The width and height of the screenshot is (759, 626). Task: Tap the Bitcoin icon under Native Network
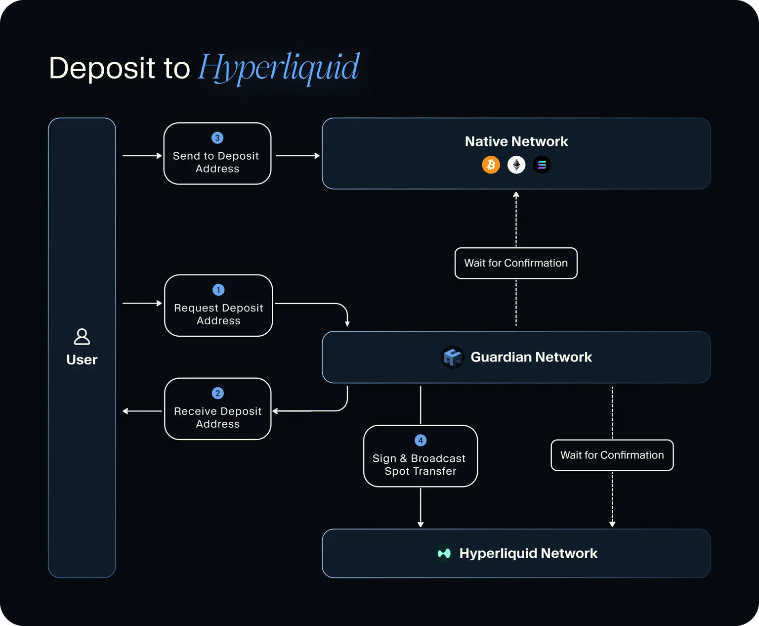click(x=491, y=165)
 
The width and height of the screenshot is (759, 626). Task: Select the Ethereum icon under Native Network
click(x=516, y=165)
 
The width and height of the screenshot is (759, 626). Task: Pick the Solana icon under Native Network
click(x=542, y=165)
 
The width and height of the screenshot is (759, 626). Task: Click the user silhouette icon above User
click(x=82, y=337)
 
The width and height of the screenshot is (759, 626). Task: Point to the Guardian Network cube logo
click(x=452, y=357)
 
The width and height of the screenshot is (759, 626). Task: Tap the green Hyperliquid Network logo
click(x=444, y=553)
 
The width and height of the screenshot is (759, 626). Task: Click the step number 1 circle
click(x=218, y=290)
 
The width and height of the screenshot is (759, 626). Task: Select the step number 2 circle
click(x=217, y=393)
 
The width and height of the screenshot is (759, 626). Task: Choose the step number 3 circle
click(x=217, y=138)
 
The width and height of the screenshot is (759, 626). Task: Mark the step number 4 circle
click(x=421, y=441)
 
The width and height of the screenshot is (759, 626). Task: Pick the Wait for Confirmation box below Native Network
click(x=516, y=263)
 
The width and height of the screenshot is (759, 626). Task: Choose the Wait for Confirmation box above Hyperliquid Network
click(x=612, y=455)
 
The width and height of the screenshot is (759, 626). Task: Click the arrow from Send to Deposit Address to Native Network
click(x=297, y=156)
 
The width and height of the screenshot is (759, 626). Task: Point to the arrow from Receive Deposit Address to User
click(x=142, y=411)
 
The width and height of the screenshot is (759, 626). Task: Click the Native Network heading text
click(x=516, y=141)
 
